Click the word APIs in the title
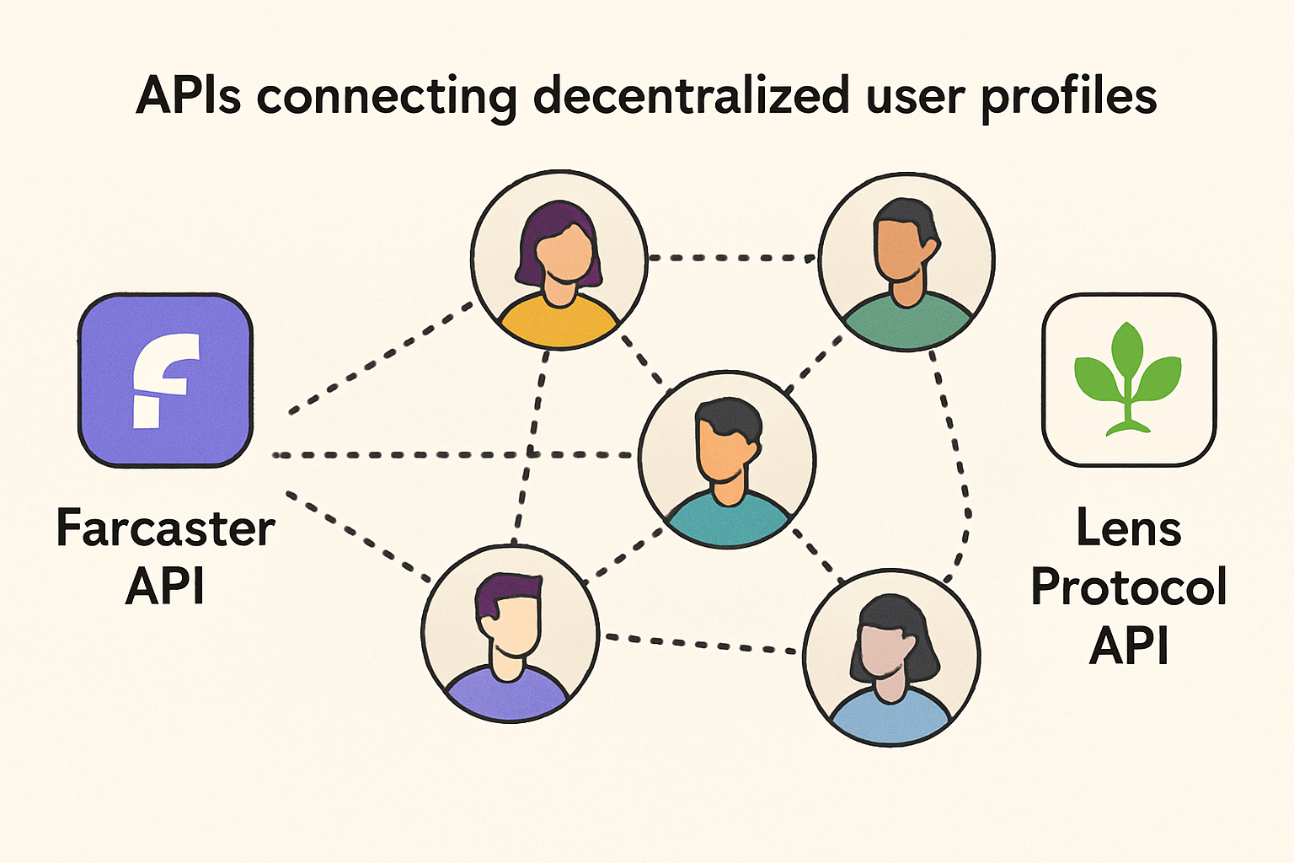(188, 95)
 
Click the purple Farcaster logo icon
(165, 380)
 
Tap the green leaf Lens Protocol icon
(1128, 380)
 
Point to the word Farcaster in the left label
(165, 528)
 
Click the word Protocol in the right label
(1128, 587)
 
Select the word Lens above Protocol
(1128, 528)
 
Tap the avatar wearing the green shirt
(906, 261)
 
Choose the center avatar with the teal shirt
(726, 458)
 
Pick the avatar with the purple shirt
(510, 633)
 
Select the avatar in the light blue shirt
(891, 657)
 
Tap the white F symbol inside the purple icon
(164, 380)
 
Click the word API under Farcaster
(165, 586)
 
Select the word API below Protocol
(1128, 646)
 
